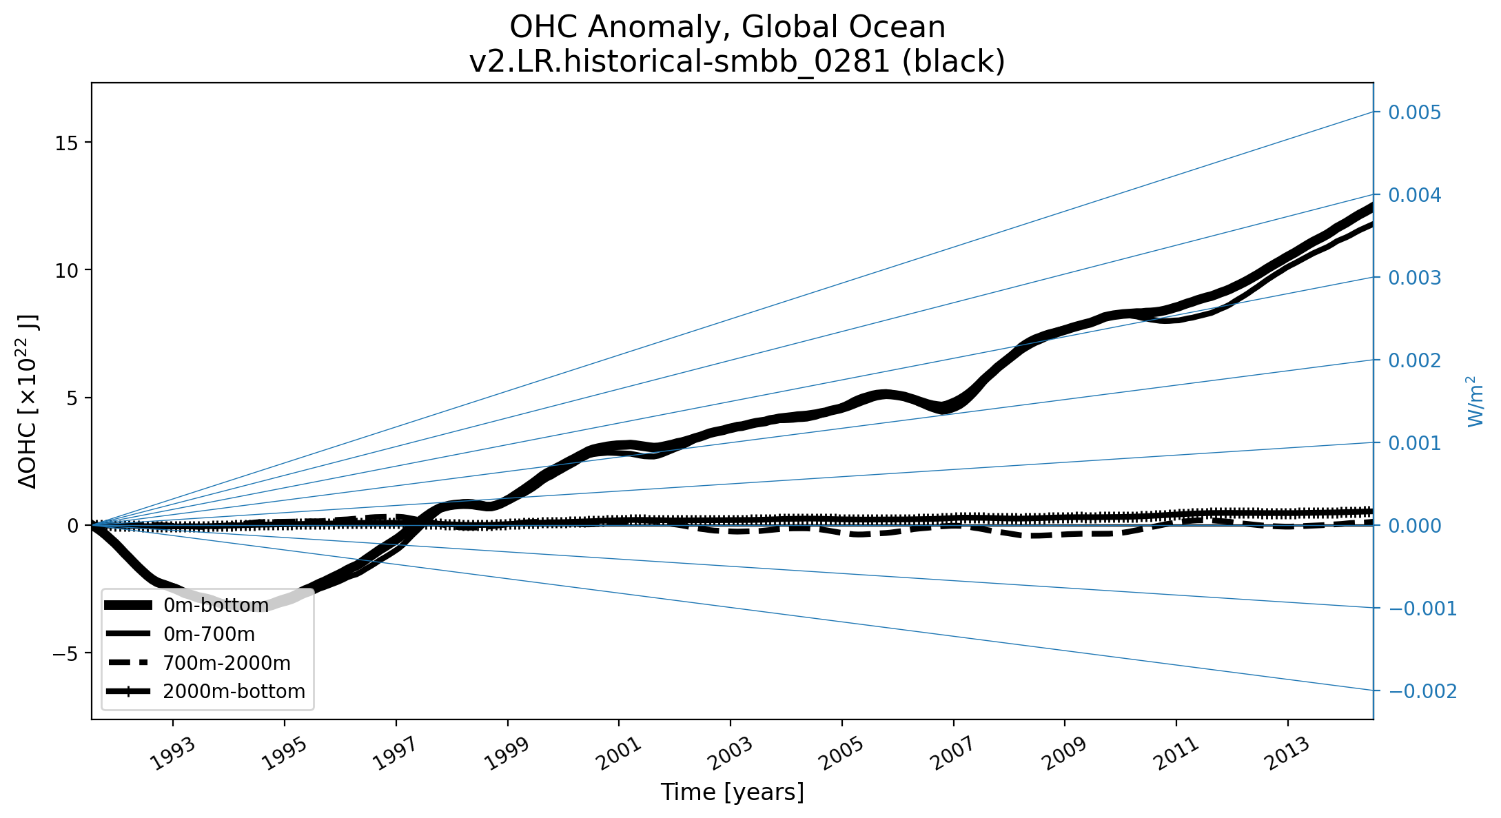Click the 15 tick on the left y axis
tap(66, 143)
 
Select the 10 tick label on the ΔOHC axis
tap(66, 270)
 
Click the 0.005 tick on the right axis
tap(1414, 112)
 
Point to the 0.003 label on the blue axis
tap(1414, 278)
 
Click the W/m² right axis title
tap(1474, 401)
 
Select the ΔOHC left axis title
tap(29, 401)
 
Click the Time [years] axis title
tap(732, 793)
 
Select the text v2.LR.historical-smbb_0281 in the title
tap(680, 62)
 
